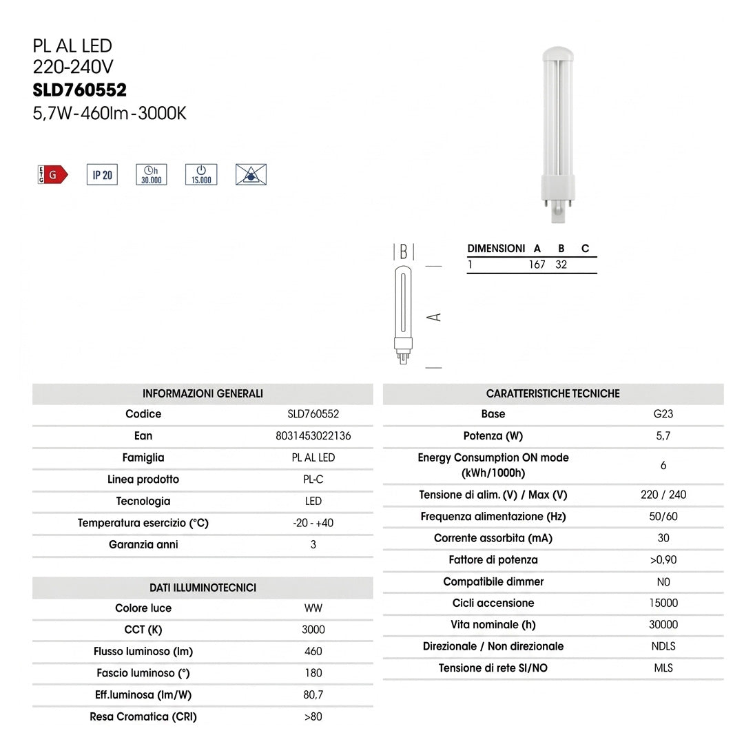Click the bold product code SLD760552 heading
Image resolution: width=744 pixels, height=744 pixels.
tap(80, 90)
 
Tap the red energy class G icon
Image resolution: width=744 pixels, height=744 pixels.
tap(52, 174)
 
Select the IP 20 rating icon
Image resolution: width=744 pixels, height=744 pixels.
tap(102, 174)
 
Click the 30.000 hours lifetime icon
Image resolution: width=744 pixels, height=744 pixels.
tap(152, 174)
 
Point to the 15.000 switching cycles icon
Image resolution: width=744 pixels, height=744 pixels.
tap(201, 174)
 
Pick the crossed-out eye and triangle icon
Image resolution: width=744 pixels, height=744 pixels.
tap(251, 174)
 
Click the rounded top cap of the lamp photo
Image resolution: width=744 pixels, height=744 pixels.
tap(558, 52)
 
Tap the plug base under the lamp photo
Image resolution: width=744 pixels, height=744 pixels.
tap(558, 214)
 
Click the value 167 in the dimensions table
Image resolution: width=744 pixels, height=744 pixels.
tap(537, 265)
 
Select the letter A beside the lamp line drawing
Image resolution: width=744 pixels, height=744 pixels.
tap(434, 317)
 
